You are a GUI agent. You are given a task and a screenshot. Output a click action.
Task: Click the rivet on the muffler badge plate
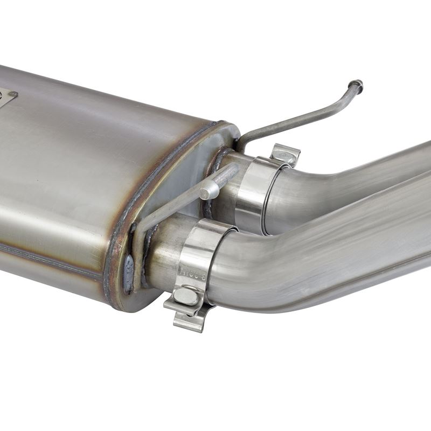12,94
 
